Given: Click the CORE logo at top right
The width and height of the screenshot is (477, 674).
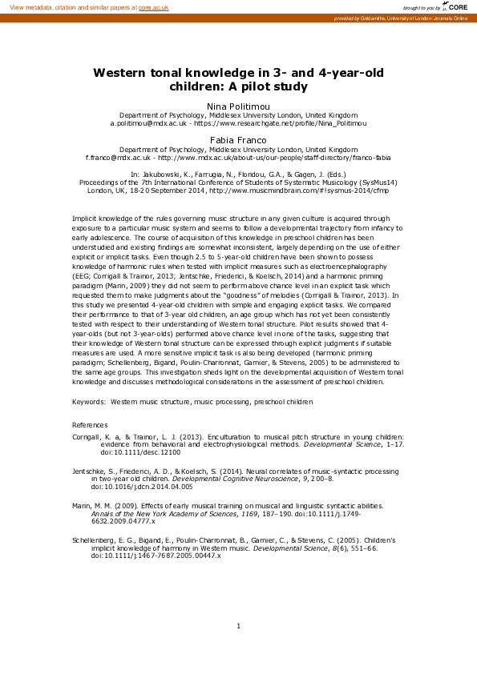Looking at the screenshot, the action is pyautogui.click(x=457, y=6).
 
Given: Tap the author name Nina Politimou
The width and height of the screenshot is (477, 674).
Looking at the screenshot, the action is pyautogui.click(x=238, y=105).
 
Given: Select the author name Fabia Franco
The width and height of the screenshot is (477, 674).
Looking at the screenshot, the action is pyautogui.click(x=238, y=139).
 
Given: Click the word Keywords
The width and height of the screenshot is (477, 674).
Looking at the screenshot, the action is pyautogui.click(x=88, y=400).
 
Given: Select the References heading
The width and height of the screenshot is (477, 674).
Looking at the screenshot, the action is pyautogui.click(x=90, y=424).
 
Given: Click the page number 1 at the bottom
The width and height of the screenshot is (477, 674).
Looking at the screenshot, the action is pyautogui.click(x=238, y=625).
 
